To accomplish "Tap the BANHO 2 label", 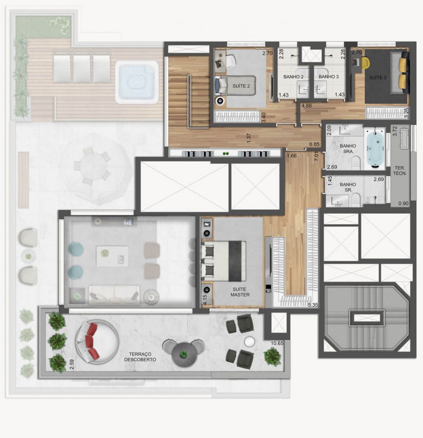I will click(x=294, y=77).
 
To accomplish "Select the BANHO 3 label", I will click(x=329, y=77).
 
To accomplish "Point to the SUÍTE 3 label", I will click(x=378, y=78).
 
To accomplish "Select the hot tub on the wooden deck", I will click(x=136, y=82).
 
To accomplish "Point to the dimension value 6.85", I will click(x=314, y=144).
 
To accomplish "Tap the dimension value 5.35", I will click(x=313, y=305).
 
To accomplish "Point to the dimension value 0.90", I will click(x=404, y=204).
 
